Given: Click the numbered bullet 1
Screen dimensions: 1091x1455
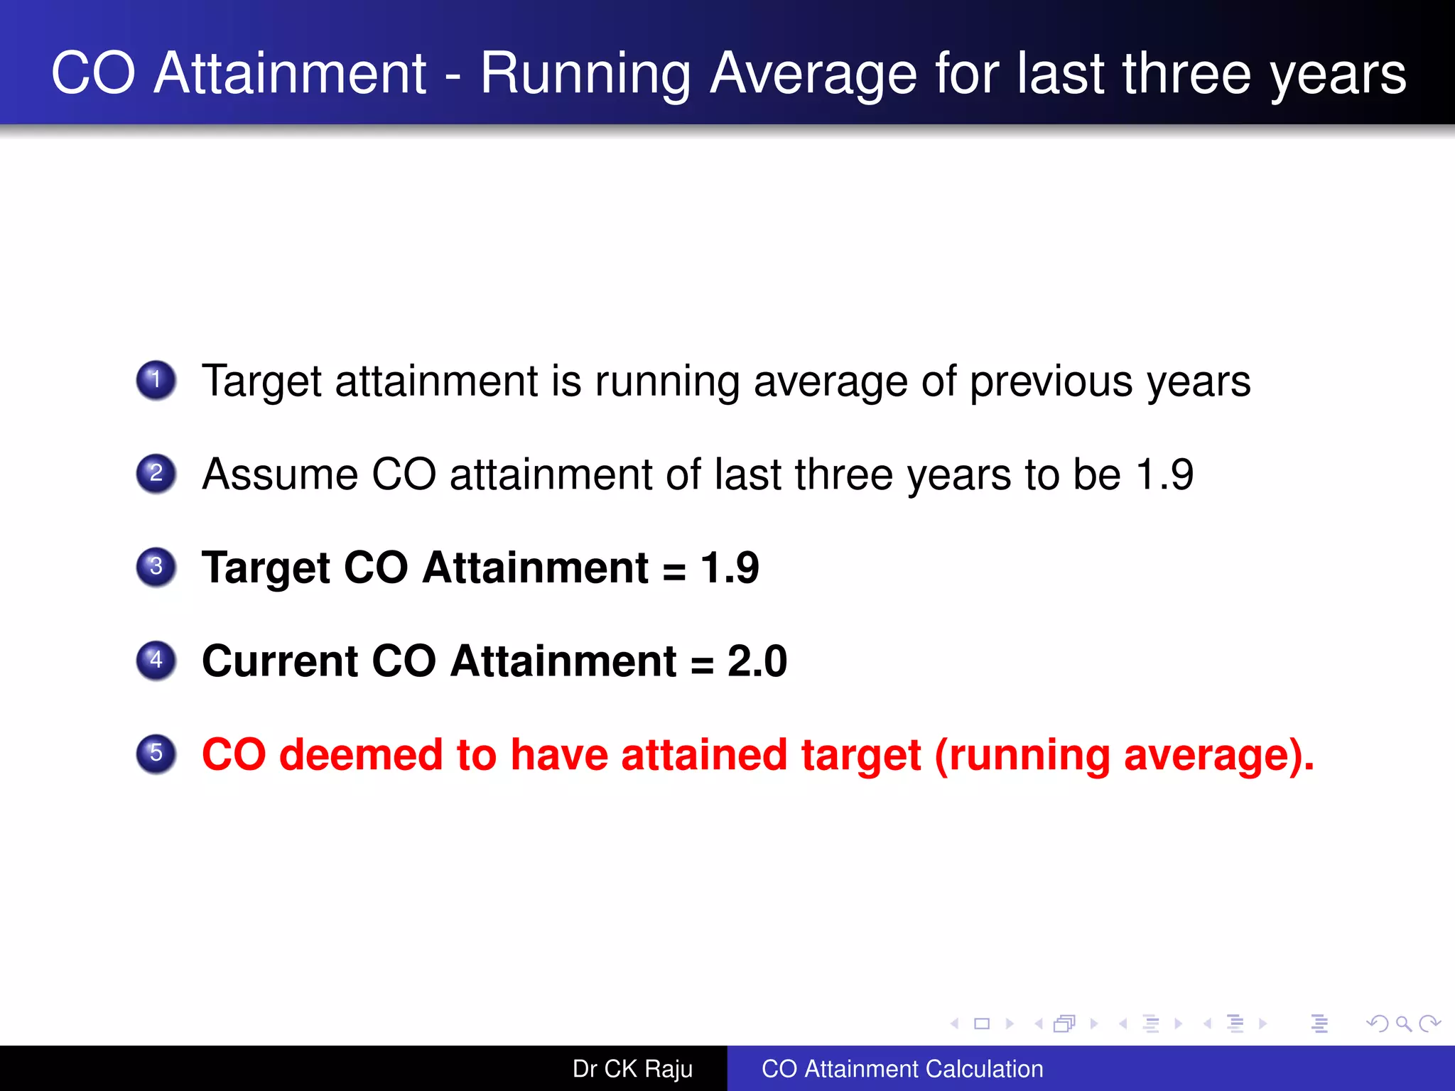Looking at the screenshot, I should [156, 380].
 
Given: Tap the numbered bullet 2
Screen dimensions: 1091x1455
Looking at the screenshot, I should [156, 473].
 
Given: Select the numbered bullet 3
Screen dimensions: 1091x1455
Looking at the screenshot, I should [156, 567].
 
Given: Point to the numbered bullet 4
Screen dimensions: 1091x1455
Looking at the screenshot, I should [156, 660].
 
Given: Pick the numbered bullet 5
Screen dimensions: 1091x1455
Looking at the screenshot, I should [156, 753].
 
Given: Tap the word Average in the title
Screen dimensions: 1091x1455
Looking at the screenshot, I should [813, 74].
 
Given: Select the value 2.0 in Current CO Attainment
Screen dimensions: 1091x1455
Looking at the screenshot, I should [757, 661].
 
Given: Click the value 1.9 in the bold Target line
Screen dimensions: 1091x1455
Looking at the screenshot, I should [730, 568].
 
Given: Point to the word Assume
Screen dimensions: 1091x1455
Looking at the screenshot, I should [280, 474].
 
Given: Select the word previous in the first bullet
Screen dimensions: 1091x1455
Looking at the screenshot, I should [1051, 381].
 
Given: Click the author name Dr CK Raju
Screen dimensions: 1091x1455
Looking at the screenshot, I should [632, 1069].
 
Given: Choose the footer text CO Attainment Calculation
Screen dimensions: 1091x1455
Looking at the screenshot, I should [902, 1069].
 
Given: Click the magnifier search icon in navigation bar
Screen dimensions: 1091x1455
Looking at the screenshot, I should [1403, 1024].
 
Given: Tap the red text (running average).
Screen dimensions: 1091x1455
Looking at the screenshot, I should [1124, 754].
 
